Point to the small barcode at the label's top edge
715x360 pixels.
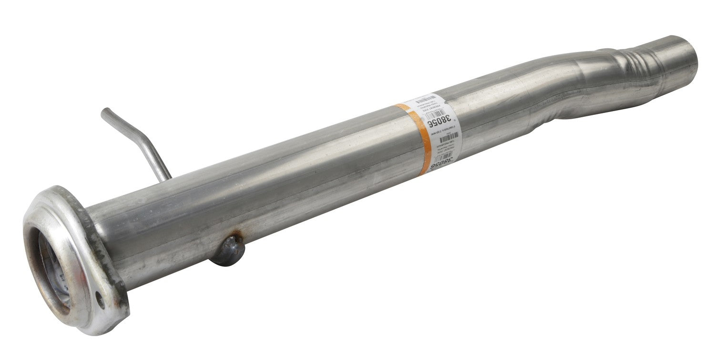click(426, 99)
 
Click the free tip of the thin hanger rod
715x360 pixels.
click(104, 112)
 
